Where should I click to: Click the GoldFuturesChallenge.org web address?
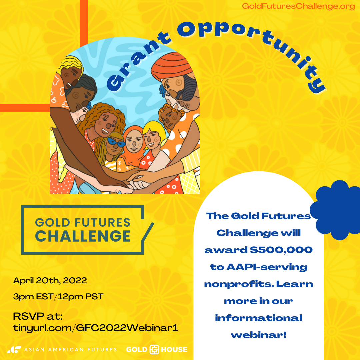298,6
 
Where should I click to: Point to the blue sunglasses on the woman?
116,142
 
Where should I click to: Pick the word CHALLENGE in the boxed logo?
83,236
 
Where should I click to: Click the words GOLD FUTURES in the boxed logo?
83,222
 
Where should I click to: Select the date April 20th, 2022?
50,281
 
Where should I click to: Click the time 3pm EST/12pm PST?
58,297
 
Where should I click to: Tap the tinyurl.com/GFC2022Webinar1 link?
96,328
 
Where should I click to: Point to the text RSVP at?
38,316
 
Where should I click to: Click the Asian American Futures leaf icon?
14,349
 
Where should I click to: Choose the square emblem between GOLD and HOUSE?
154,349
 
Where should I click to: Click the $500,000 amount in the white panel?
281,250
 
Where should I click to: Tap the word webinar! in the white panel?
259,335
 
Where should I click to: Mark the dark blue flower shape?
336,210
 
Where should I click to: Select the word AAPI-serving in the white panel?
267,267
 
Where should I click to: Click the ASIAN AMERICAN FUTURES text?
70,350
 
